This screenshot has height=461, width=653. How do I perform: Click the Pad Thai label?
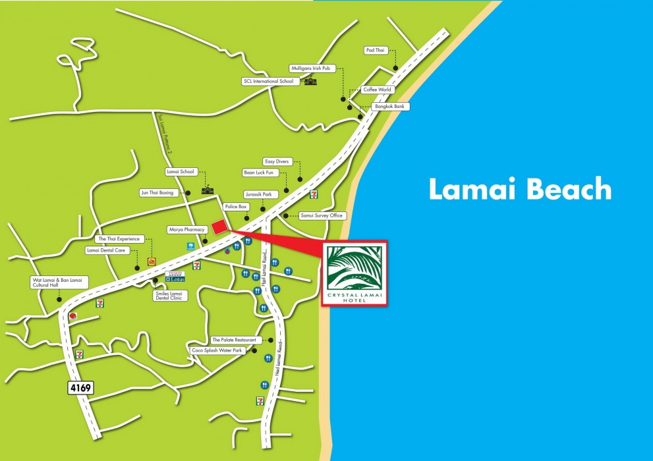376,50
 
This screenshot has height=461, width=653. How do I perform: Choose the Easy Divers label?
277,161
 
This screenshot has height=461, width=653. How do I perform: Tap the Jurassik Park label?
258,195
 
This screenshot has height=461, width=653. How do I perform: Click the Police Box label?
235,207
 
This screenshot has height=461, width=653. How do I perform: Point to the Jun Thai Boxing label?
158,192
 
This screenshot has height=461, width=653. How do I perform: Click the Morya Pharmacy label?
187,230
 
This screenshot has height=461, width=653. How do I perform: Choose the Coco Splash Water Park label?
218,350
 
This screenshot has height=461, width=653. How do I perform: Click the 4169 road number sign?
80,387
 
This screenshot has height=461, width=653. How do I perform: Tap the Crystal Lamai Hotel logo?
355,273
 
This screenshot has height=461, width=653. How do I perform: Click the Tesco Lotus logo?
175,276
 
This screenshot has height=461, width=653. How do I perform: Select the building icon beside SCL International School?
310,80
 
